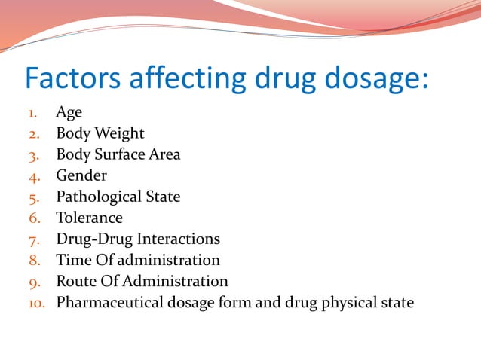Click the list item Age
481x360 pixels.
pyautogui.click(x=69, y=112)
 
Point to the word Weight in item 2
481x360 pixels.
pyautogui.click(x=118, y=133)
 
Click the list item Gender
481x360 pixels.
pyautogui.click(x=81, y=175)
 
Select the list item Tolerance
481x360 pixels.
pyautogui.click(x=89, y=218)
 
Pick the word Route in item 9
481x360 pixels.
pyautogui.click(x=75, y=281)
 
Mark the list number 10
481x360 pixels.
pyautogui.click(x=37, y=303)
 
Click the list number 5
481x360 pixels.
pyautogui.click(x=34, y=197)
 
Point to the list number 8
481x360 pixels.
pyautogui.click(x=34, y=261)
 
